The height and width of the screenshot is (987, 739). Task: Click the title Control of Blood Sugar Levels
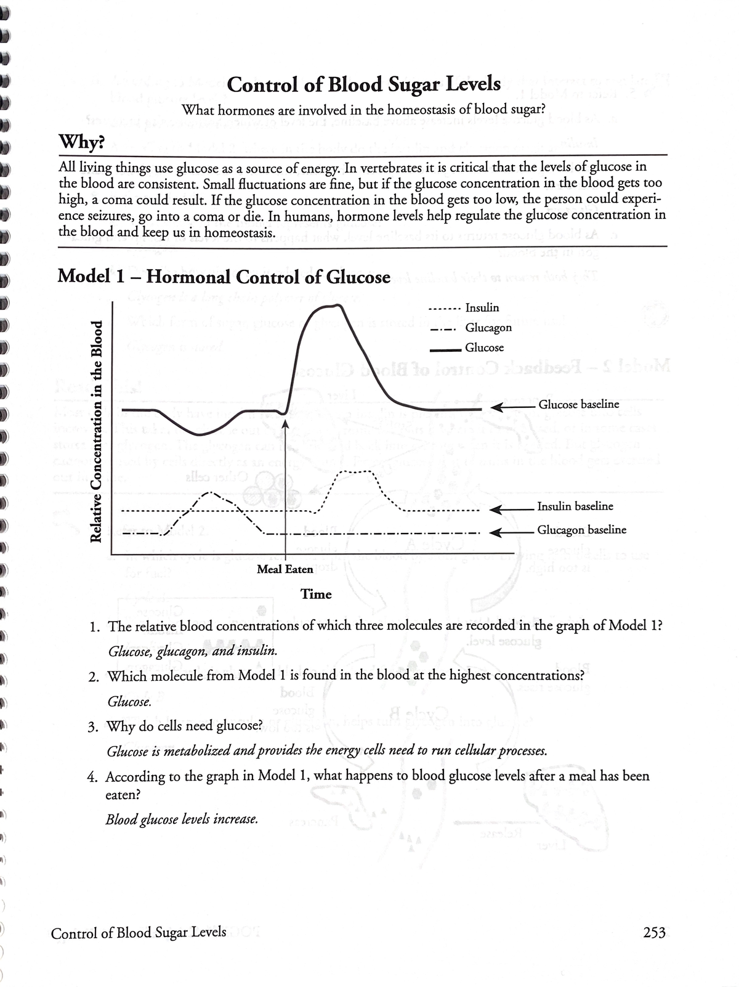[363, 84]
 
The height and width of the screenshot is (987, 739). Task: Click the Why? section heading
[81, 143]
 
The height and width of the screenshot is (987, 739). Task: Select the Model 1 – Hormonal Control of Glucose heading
[224, 277]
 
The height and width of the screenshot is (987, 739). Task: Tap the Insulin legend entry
[482, 307]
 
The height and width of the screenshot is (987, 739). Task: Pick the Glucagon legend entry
[488, 328]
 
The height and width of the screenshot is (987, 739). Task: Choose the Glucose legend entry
[484, 347]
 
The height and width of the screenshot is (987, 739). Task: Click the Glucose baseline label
[578, 404]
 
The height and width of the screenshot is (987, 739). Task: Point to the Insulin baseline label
[575, 506]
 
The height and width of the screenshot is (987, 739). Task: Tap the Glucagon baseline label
[581, 530]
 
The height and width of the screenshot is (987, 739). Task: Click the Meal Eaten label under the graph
[285, 569]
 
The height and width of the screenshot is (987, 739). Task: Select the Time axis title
[316, 594]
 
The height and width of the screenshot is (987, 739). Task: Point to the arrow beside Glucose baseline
[511, 407]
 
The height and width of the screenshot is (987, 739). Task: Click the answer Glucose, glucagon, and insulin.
[192, 651]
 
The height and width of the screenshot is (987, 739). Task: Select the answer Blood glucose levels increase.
[182, 819]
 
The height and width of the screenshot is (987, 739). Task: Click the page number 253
[653, 933]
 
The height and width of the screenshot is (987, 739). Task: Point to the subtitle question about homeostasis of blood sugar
[363, 110]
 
